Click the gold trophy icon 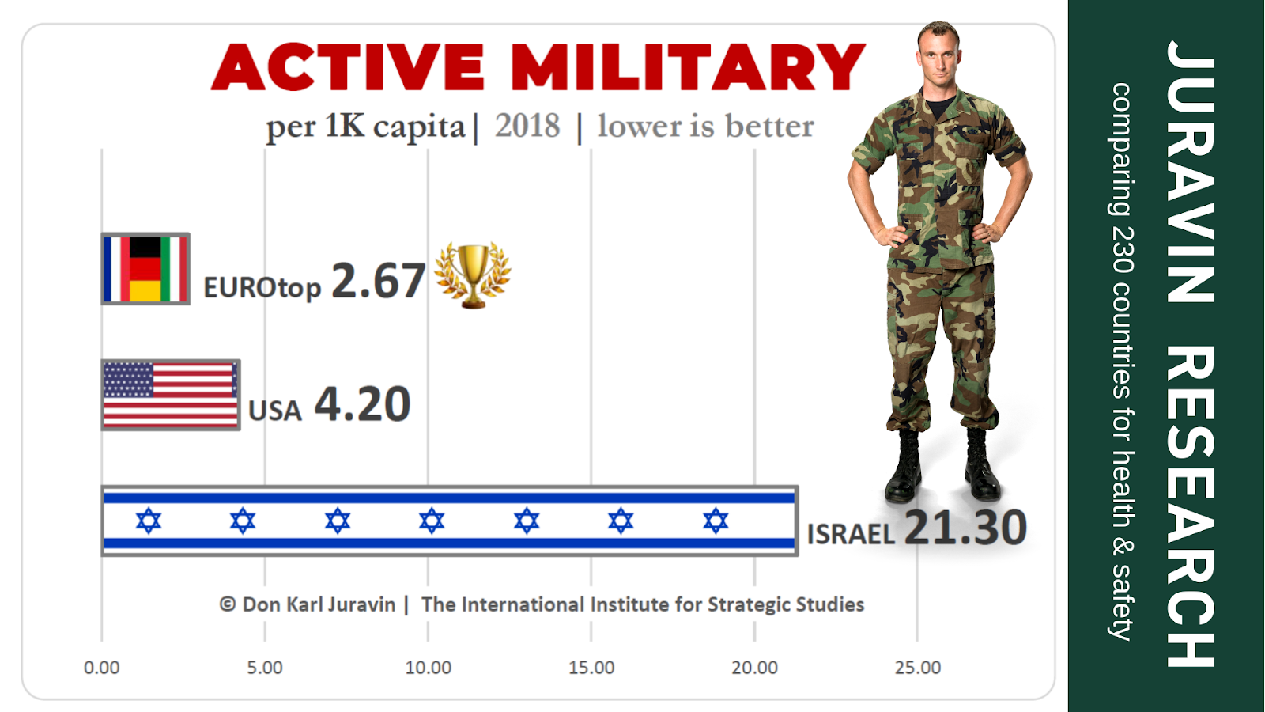[472, 274]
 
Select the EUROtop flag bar [145, 268]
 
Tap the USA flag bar [171, 395]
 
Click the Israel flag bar [449, 521]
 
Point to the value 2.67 [378, 281]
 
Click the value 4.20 [363, 404]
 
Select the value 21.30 [965, 528]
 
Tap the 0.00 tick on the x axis [102, 668]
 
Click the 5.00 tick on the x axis [265, 668]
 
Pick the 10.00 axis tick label [428, 668]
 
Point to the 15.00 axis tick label [591, 668]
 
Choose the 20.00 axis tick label [754, 668]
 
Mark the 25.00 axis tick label [918, 668]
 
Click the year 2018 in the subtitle [527, 126]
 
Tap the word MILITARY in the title [687, 68]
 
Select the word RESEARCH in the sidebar [1190, 506]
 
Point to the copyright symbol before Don [228, 604]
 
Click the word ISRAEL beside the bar [851, 535]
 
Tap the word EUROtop [262, 287]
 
